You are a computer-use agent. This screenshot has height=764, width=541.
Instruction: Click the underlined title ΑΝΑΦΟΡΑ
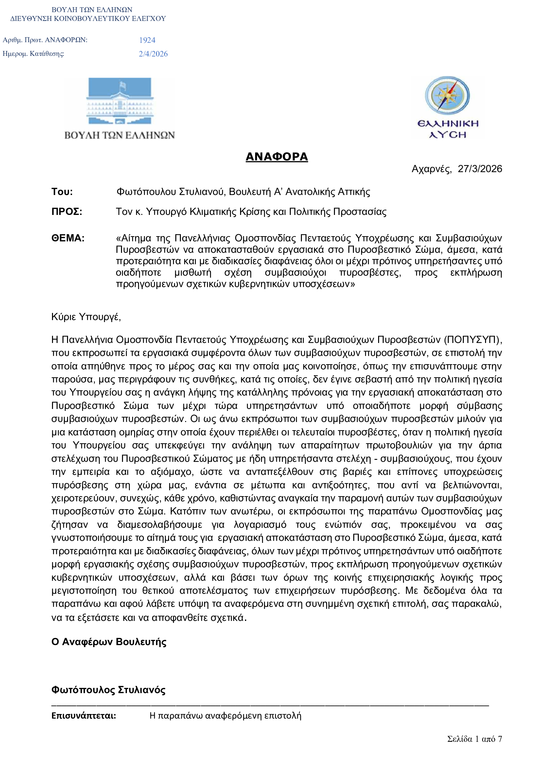276,157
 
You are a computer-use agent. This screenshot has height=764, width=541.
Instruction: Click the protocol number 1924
147,40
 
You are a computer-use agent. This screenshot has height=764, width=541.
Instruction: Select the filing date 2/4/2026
153,54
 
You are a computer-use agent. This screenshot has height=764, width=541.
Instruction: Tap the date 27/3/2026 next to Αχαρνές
480,169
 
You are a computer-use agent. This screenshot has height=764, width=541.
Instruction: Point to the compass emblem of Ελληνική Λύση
447,96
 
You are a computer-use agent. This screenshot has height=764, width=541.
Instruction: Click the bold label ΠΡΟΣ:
67,212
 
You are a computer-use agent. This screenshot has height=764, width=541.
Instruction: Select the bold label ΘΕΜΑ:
68,238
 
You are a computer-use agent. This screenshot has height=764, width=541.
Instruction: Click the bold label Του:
62,192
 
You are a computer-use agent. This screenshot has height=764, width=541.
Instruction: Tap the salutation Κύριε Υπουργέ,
86,317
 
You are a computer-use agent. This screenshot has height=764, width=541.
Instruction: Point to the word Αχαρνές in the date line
431,169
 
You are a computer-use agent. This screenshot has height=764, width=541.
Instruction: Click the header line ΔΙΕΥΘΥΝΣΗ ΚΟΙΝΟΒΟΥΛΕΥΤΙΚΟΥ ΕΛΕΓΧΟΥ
88,19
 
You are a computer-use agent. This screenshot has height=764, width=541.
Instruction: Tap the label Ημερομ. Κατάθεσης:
33,54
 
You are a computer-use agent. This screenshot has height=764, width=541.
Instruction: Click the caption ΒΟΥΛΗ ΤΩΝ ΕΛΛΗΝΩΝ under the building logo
120,135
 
